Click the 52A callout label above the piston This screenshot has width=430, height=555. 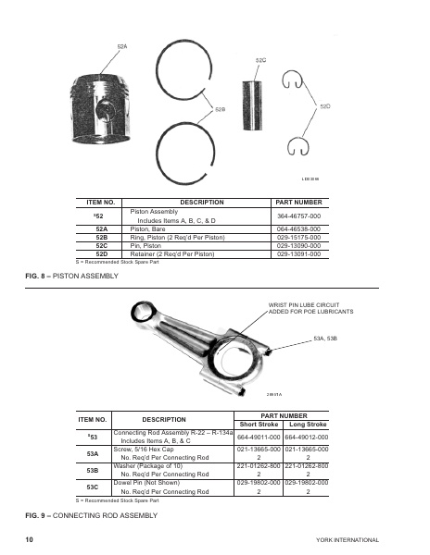pyautogui.click(x=122, y=45)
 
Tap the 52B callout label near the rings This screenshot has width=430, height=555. pyautogui.click(x=221, y=109)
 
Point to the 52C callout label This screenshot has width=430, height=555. pyautogui.click(x=260, y=59)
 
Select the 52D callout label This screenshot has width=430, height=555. pyautogui.click(x=325, y=107)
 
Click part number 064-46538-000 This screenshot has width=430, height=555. pyautogui.click(x=298, y=229)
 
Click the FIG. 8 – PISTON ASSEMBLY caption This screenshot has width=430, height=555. pyautogui.click(x=72, y=275)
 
